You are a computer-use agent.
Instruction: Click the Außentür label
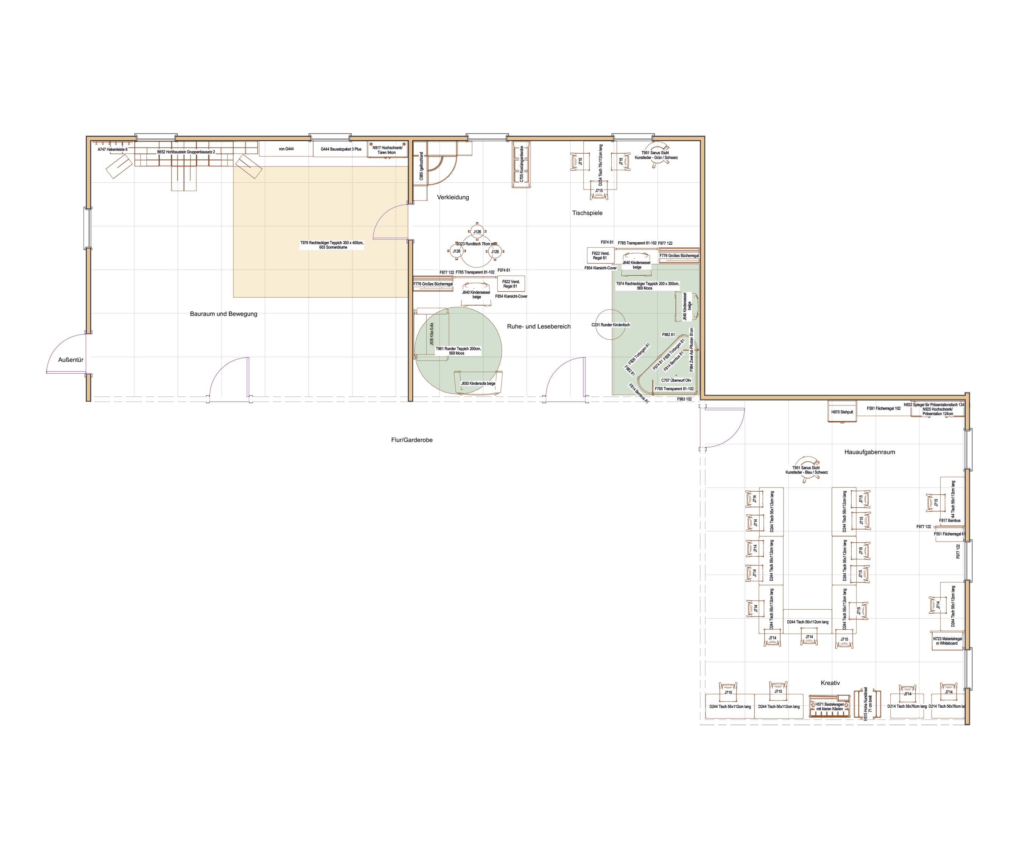pyautogui.click(x=70, y=360)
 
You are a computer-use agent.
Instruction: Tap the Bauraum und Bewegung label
pyautogui.click(x=223, y=314)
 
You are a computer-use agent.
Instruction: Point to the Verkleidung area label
pyautogui.click(x=453, y=197)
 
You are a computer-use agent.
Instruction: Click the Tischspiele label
pyautogui.click(x=587, y=213)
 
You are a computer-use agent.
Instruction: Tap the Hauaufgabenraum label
pyautogui.click(x=869, y=452)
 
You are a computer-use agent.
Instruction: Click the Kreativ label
pyautogui.click(x=830, y=683)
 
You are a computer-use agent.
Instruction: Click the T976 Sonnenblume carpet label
pyautogui.click(x=332, y=245)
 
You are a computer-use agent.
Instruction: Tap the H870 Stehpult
pyautogui.click(x=842, y=412)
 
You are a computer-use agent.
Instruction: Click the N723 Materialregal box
pyautogui.click(x=947, y=641)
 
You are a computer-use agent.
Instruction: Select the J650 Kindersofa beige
pyautogui.click(x=478, y=383)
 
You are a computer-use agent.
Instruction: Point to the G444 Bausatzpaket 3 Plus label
pyautogui.click(x=341, y=149)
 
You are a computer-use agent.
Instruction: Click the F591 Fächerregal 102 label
pyautogui.click(x=883, y=408)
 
